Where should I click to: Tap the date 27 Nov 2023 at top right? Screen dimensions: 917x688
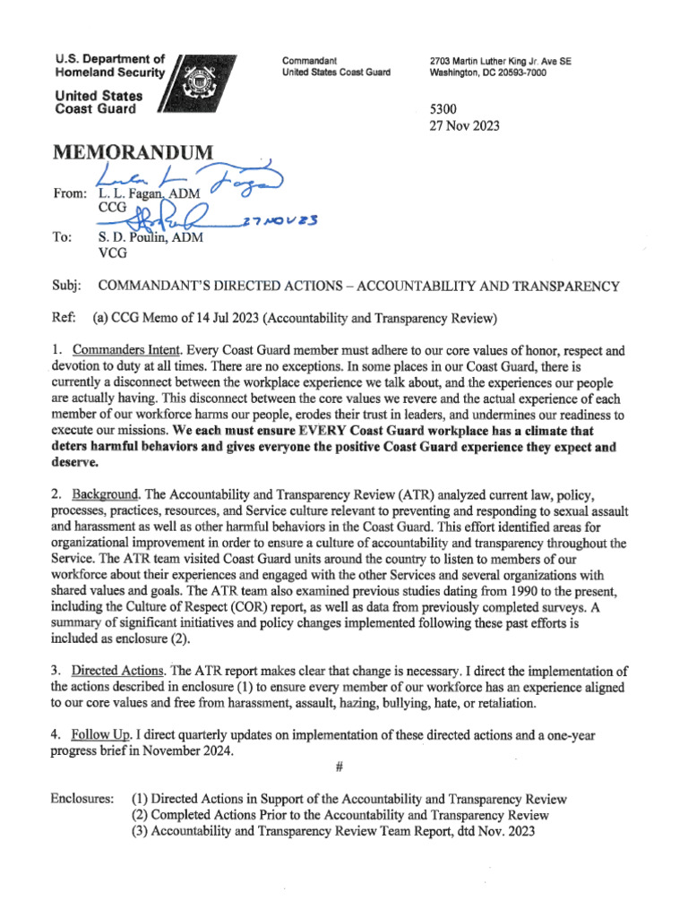pyautogui.click(x=466, y=126)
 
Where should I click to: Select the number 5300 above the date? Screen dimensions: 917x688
pyautogui.click(x=447, y=109)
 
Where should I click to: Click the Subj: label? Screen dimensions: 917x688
pyautogui.click(x=67, y=286)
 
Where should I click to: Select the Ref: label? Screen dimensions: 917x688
pyautogui.click(x=65, y=319)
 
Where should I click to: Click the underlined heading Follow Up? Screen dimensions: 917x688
pyautogui.click(x=102, y=735)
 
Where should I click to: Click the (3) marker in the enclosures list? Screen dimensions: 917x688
pyautogui.click(x=141, y=831)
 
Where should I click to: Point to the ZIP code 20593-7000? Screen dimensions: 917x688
pyautogui.click(x=514, y=73)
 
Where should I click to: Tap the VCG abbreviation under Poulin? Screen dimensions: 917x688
pyautogui.click(x=112, y=253)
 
